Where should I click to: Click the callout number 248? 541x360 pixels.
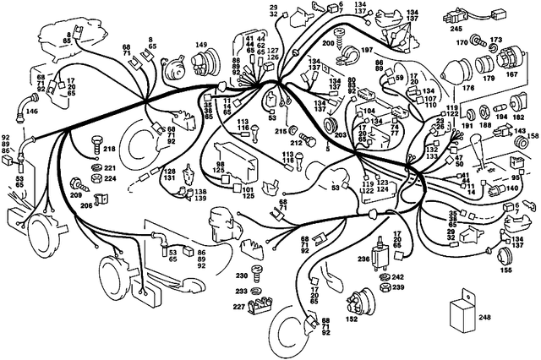(x=507, y=317)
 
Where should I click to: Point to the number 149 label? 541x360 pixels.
(x=201, y=45)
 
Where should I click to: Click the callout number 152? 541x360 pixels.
(x=352, y=319)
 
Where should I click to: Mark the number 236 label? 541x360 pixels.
(x=363, y=259)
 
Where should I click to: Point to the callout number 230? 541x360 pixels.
(x=241, y=275)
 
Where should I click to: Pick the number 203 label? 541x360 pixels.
(x=342, y=134)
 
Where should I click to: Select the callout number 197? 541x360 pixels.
(x=368, y=51)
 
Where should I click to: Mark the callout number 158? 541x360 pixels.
(x=533, y=136)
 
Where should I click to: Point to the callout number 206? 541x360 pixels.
(x=87, y=205)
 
